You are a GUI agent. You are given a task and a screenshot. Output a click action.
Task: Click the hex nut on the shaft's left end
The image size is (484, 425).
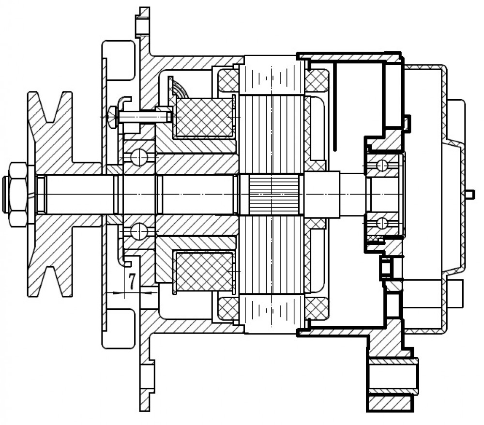click(18, 195)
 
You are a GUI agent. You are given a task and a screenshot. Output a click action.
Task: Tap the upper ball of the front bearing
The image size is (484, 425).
click(139, 157)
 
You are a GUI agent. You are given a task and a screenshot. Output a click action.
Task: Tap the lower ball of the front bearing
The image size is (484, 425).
click(139, 231)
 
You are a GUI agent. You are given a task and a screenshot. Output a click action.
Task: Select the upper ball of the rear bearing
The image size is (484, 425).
click(382, 166)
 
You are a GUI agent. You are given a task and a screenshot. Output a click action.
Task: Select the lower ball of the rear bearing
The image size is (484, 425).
click(382, 223)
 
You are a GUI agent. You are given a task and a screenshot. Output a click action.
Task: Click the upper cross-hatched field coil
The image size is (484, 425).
click(204, 117)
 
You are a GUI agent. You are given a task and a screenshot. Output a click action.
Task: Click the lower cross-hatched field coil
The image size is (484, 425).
click(204, 271)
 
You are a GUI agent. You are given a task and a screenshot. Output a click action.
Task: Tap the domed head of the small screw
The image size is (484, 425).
click(112, 117)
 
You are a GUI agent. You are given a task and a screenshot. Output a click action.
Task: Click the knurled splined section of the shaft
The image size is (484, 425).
click(272, 195)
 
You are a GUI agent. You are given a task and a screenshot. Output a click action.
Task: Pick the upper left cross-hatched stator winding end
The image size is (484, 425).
click(228, 81)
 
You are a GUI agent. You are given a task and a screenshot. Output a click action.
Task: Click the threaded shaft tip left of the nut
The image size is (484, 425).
click(5, 195)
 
